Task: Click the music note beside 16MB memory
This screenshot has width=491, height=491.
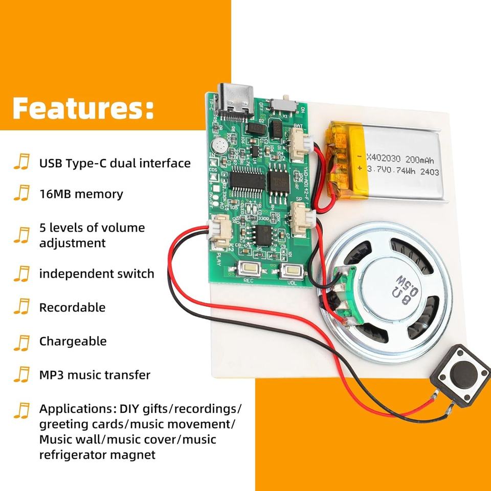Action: pyautogui.click(x=21, y=194)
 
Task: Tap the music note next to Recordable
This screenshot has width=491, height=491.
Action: pyautogui.click(x=21, y=307)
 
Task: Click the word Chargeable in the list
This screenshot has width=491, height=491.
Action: pyautogui.click(x=73, y=341)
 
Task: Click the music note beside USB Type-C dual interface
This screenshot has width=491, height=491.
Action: pyautogui.click(x=21, y=163)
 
